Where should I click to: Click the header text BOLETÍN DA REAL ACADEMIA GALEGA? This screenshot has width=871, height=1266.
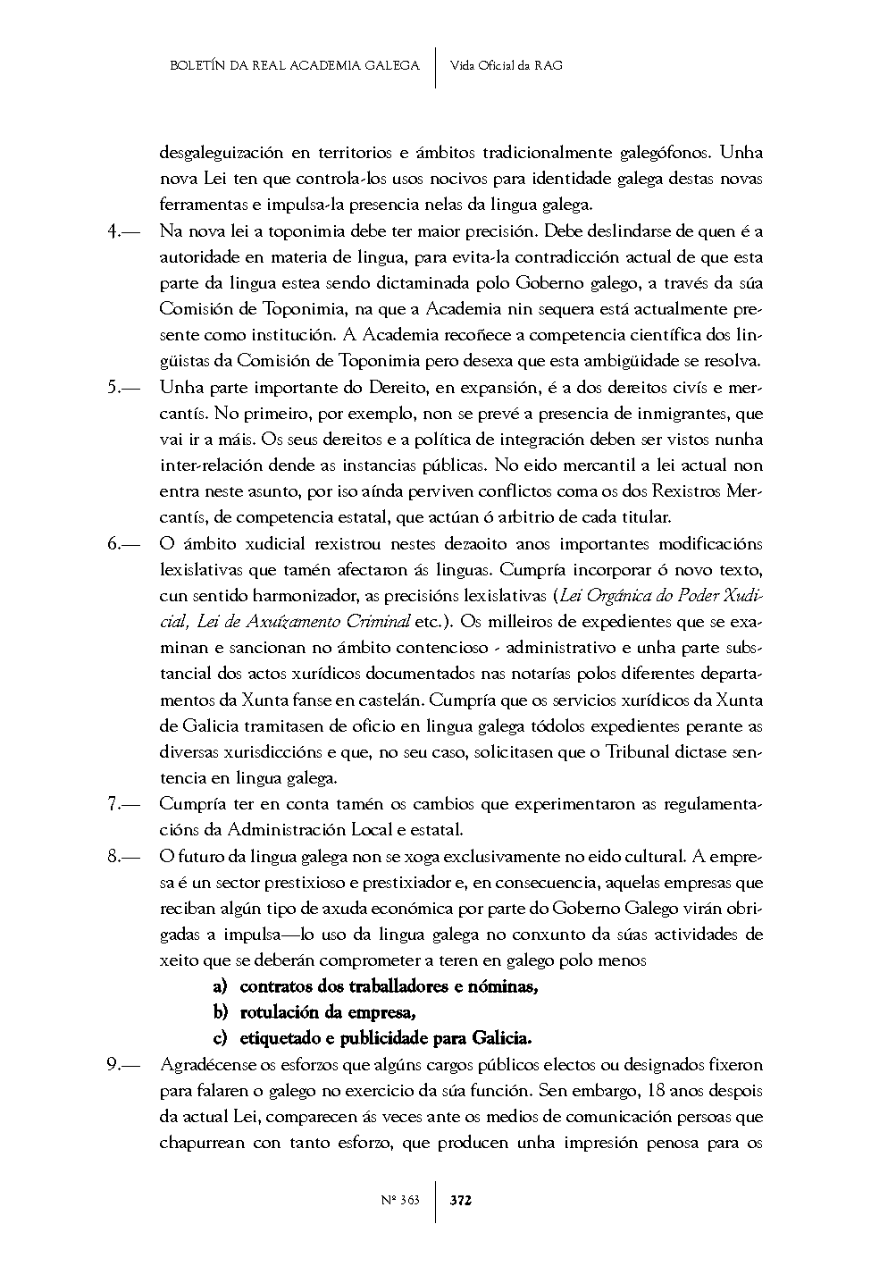click(294, 65)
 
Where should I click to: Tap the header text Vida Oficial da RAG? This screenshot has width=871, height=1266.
click(507, 65)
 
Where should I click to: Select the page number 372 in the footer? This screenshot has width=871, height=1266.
click(460, 1200)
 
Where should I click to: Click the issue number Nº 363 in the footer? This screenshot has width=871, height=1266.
click(399, 1200)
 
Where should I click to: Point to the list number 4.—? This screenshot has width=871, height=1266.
click(123, 231)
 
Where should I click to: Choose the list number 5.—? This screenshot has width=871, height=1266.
click(123, 388)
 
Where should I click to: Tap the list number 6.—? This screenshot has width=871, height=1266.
click(123, 544)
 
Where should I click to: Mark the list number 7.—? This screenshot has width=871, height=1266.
click(123, 804)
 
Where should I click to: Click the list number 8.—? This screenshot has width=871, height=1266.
click(123, 857)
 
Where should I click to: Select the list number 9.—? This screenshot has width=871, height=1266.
click(123, 1065)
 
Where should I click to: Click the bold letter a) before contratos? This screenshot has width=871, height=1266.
click(220, 987)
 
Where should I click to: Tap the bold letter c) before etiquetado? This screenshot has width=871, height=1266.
click(220, 1039)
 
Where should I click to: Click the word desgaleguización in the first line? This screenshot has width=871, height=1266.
click(222, 153)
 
